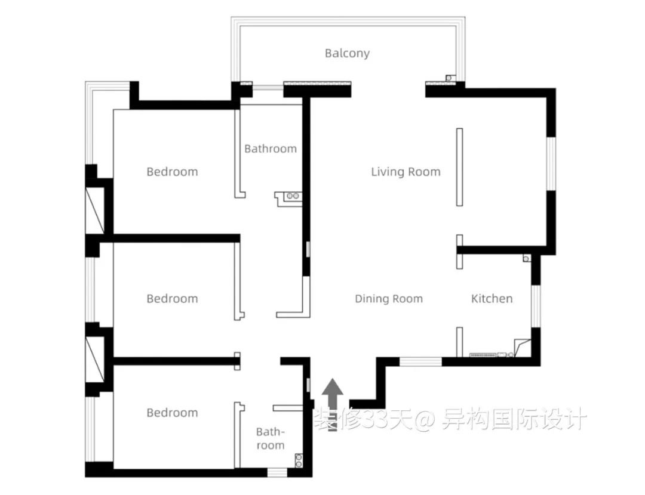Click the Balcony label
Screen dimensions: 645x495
tap(347, 54)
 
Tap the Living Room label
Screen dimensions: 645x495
tap(406, 172)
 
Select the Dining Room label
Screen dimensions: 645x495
tap(389, 299)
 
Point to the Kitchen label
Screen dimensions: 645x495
tap(492, 299)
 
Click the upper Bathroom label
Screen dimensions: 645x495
tap(271, 148)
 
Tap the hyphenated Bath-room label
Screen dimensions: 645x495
tap(271, 438)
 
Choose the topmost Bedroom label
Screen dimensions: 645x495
tap(172, 172)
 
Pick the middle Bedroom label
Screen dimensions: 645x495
tap(172, 299)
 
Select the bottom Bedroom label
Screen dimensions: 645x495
tap(172, 413)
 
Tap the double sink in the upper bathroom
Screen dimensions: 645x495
tap(293, 196)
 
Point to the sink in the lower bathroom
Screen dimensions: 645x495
tap(299, 460)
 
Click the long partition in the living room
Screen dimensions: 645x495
tap(459, 167)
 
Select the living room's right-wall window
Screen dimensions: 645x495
tap(551, 163)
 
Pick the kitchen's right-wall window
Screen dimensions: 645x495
tap(536, 306)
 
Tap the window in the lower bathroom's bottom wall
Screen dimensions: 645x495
tap(277, 472)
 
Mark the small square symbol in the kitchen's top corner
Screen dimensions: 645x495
tap(526, 258)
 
